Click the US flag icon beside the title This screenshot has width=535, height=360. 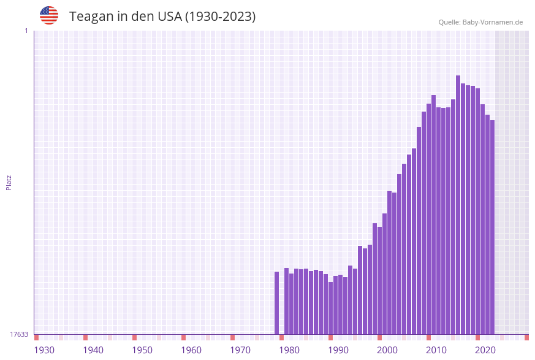pyautogui.click(x=49, y=15)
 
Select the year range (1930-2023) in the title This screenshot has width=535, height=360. pyautogui.click(x=221, y=17)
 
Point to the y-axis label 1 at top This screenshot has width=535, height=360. pyautogui.click(x=26, y=31)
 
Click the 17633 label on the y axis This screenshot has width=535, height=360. pyautogui.click(x=19, y=334)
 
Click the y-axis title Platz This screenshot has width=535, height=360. pyautogui.click(x=9, y=183)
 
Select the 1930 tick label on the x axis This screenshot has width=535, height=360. pyautogui.click(x=44, y=350)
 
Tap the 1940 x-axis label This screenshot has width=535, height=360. pyautogui.click(x=93, y=350)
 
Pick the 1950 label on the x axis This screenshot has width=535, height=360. pyautogui.click(x=142, y=350)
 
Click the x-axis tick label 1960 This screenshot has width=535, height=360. pyautogui.click(x=191, y=350)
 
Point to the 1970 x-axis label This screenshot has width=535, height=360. pyautogui.click(x=240, y=350)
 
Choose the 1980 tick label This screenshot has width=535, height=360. pyautogui.click(x=289, y=350)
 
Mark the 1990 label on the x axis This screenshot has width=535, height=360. pyautogui.click(x=338, y=350)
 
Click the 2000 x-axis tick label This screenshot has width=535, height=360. pyautogui.click(x=387, y=350)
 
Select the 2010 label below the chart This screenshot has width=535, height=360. pyautogui.click(x=436, y=350)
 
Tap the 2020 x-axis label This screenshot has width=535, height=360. pyautogui.click(x=485, y=350)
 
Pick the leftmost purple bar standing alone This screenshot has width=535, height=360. pyautogui.click(x=276, y=303)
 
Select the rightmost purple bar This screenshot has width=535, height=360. pyautogui.click(x=492, y=227)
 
